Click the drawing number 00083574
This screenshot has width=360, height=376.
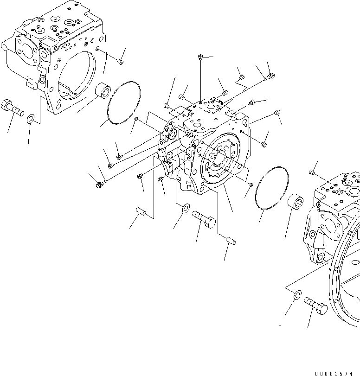point(337,373)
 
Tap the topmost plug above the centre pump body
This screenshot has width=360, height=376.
point(200,57)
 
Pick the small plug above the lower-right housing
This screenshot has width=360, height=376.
point(312,173)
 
